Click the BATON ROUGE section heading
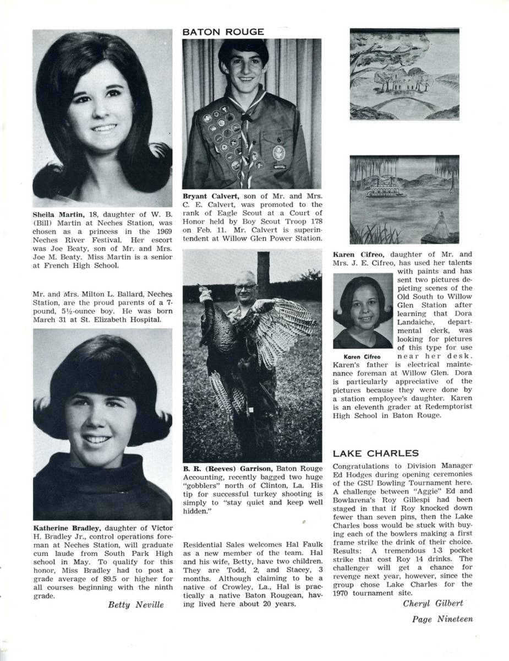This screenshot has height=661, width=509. point(223,32)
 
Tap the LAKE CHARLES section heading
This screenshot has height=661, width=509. point(376,453)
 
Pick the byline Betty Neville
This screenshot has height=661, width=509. point(135,605)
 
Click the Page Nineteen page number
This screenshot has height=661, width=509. point(442,619)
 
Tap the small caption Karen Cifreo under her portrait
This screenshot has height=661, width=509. point(362,357)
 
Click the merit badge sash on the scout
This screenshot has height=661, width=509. point(223,135)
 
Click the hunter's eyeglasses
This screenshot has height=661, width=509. point(244,287)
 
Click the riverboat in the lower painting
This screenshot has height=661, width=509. point(386,190)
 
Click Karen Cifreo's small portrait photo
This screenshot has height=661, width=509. point(362,311)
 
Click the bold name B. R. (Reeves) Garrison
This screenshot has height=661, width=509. point(228,469)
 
